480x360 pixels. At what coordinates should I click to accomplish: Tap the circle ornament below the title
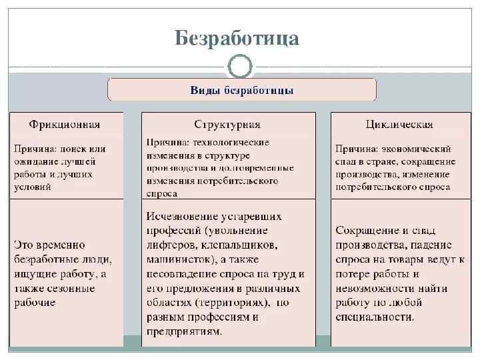pos(240,67)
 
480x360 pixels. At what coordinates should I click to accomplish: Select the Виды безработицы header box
pos(242,89)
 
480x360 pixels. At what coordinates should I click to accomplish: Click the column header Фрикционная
pos(65,125)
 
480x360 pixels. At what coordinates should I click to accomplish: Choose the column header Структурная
pos(227,125)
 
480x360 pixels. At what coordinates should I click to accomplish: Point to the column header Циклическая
pos(398,125)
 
